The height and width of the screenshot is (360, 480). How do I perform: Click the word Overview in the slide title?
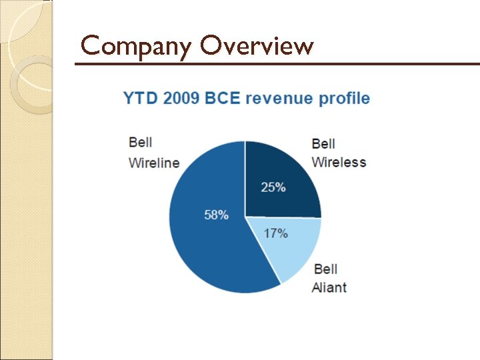pos(256,46)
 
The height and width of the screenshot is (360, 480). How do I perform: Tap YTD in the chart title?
pos(139,99)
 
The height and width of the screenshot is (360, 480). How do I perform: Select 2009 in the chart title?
pos(179,99)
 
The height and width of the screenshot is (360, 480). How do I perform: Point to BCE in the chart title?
pos(223,99)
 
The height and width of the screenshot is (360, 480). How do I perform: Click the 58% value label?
pos(216,215)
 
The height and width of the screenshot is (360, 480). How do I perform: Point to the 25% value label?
pos(273,187)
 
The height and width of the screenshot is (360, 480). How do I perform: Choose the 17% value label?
pos(275,233)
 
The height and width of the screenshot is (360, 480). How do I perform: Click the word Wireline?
pos(154,163)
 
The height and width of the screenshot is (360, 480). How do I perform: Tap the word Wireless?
pos(339,162)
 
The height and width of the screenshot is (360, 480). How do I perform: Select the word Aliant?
pos(329,288)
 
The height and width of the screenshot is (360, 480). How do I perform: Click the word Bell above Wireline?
pos(140,143)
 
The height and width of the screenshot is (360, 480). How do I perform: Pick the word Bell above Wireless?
pos(323,143)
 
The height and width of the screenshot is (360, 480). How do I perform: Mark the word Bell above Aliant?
pos(325,269)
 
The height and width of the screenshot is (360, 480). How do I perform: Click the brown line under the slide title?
pos(277,64)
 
